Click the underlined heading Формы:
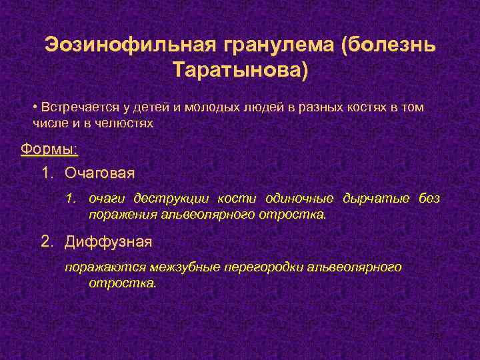pyautogui.click(x=49, y=148)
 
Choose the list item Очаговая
pyautogui.click(x=99, y=173)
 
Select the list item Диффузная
pyautogui.click(x=109, y=241)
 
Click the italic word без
pyautogui.click(x=429, y=199)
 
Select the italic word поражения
pyautogui.click(x=122, y=215)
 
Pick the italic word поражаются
pyautogui.click(x=101, y=267)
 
